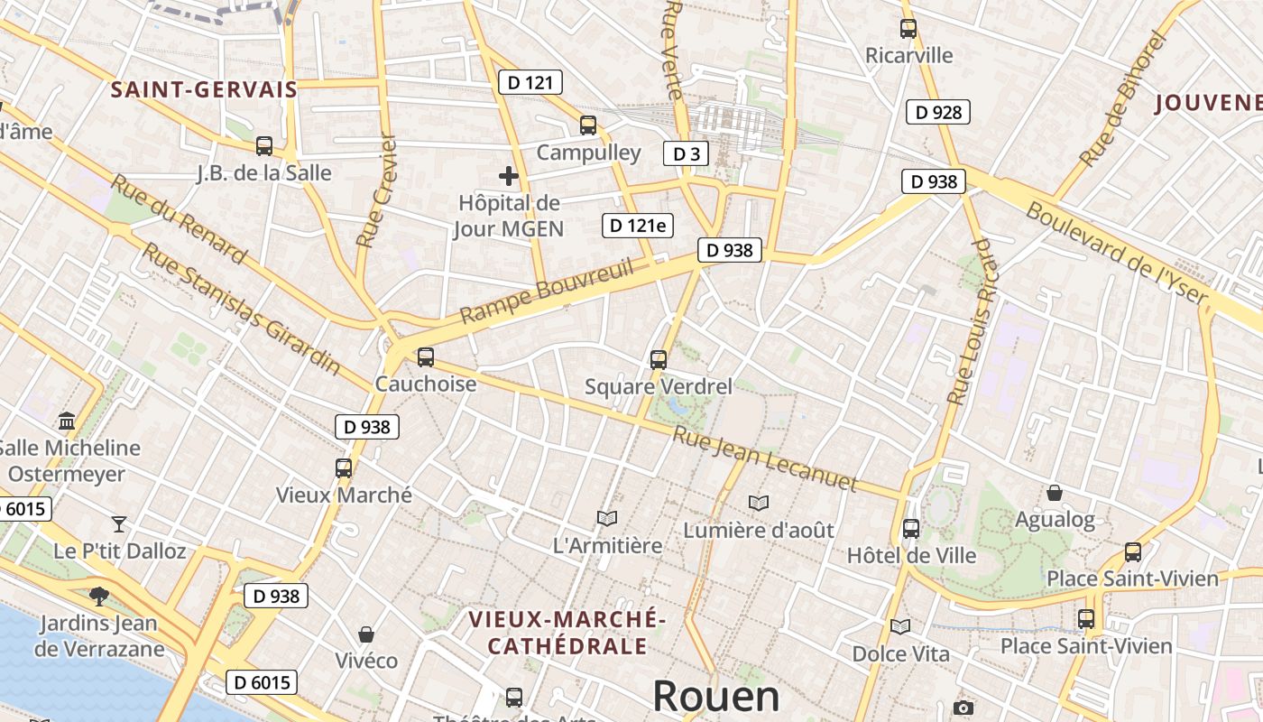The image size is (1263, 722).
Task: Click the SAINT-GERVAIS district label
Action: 204,89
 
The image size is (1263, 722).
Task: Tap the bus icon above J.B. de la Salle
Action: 264,145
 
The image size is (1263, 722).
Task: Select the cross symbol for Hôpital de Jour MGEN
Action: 509,175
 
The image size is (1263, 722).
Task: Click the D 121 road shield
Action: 530,83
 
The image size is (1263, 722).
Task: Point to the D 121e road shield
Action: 638,226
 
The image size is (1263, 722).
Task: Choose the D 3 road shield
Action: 686,153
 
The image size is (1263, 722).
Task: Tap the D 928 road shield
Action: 938,112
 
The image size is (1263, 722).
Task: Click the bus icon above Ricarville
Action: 908,29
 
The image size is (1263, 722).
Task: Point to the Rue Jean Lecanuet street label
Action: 765,459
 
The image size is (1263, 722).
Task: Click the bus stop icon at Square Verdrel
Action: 659,359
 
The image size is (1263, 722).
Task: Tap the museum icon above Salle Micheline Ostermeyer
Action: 67,421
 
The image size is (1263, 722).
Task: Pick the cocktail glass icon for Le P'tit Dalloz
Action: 119,523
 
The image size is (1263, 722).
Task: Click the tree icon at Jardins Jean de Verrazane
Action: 98,596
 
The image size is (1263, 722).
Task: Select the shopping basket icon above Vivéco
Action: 366,634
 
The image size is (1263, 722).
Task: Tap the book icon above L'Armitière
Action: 607,518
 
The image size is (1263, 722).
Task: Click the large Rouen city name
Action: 715,697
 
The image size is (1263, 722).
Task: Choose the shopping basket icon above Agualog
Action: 1054,492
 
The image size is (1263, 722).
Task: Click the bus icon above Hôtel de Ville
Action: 911,528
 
